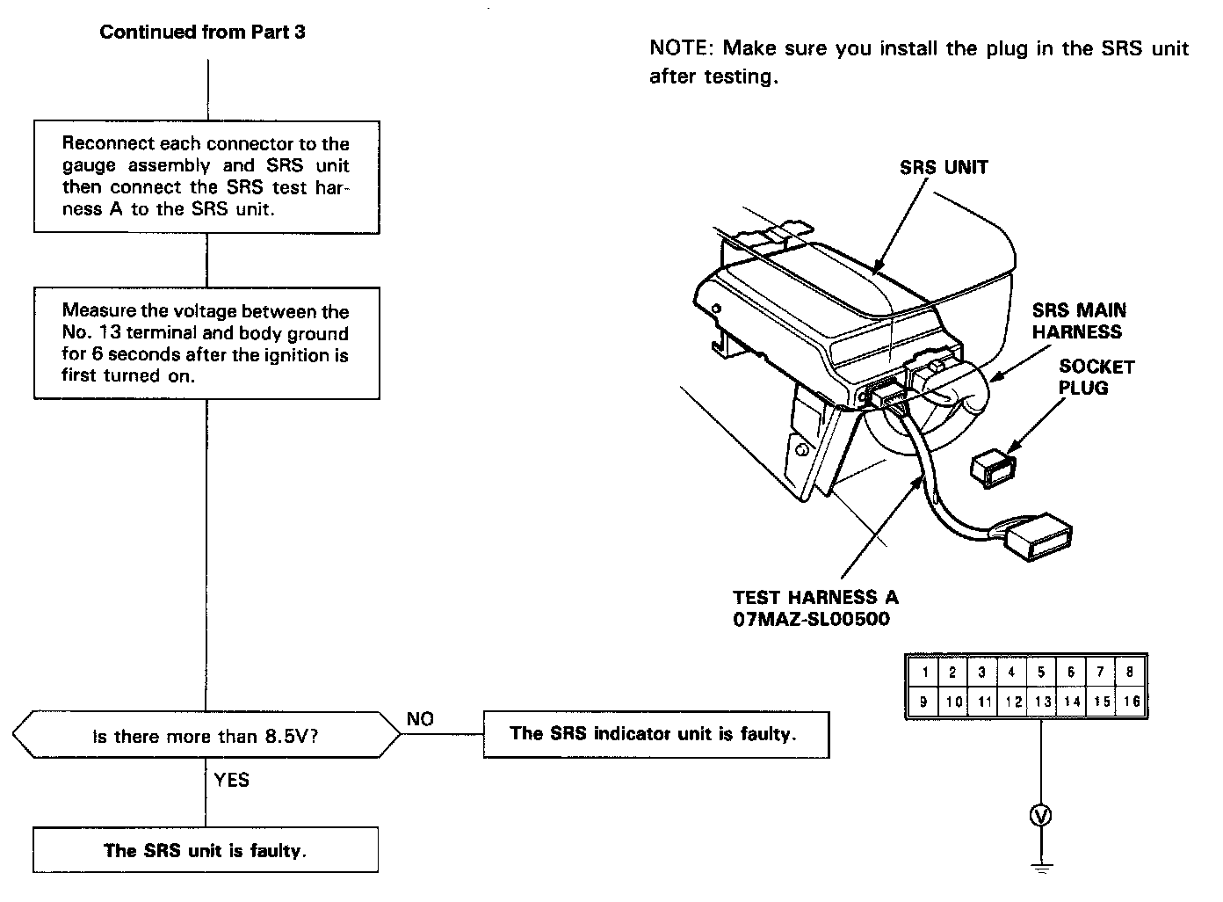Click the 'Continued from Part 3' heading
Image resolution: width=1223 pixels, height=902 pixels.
(x=202, y=33)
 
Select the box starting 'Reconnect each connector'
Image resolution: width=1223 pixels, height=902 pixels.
(x=206, y=177)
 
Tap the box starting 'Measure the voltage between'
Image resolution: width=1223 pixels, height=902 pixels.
(x=206, y=343)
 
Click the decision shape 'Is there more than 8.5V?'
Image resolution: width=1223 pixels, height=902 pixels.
(x=206, y=736)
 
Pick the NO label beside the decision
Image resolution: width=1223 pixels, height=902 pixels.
(x=420, y=719)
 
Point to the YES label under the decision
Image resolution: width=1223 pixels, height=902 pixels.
(x=231, y=780)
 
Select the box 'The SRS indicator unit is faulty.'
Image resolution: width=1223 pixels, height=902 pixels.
(x=655, y=734)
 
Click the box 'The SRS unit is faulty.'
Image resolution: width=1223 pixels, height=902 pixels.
(x=206, y=850)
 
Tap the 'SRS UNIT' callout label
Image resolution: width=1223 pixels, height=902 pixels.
(x=944, y=167)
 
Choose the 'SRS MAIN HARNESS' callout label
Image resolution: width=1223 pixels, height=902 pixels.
(x=1078, y=321)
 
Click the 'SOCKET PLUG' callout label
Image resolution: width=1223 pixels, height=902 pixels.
(x=1096, y=377)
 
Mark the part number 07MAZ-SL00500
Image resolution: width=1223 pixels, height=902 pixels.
(x=811, y=619)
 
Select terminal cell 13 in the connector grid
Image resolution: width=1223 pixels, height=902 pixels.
(x=1042, y=702)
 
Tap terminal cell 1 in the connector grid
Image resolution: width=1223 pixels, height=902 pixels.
(x=923, y=673)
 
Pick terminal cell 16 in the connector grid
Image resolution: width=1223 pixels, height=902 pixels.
(x=1132, y=702)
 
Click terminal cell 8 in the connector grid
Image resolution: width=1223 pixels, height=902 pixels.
(x=1131, y=673)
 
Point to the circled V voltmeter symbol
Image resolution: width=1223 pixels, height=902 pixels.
(x=1041, y=816)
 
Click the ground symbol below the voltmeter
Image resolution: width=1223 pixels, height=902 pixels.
(x=1041, y=866)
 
